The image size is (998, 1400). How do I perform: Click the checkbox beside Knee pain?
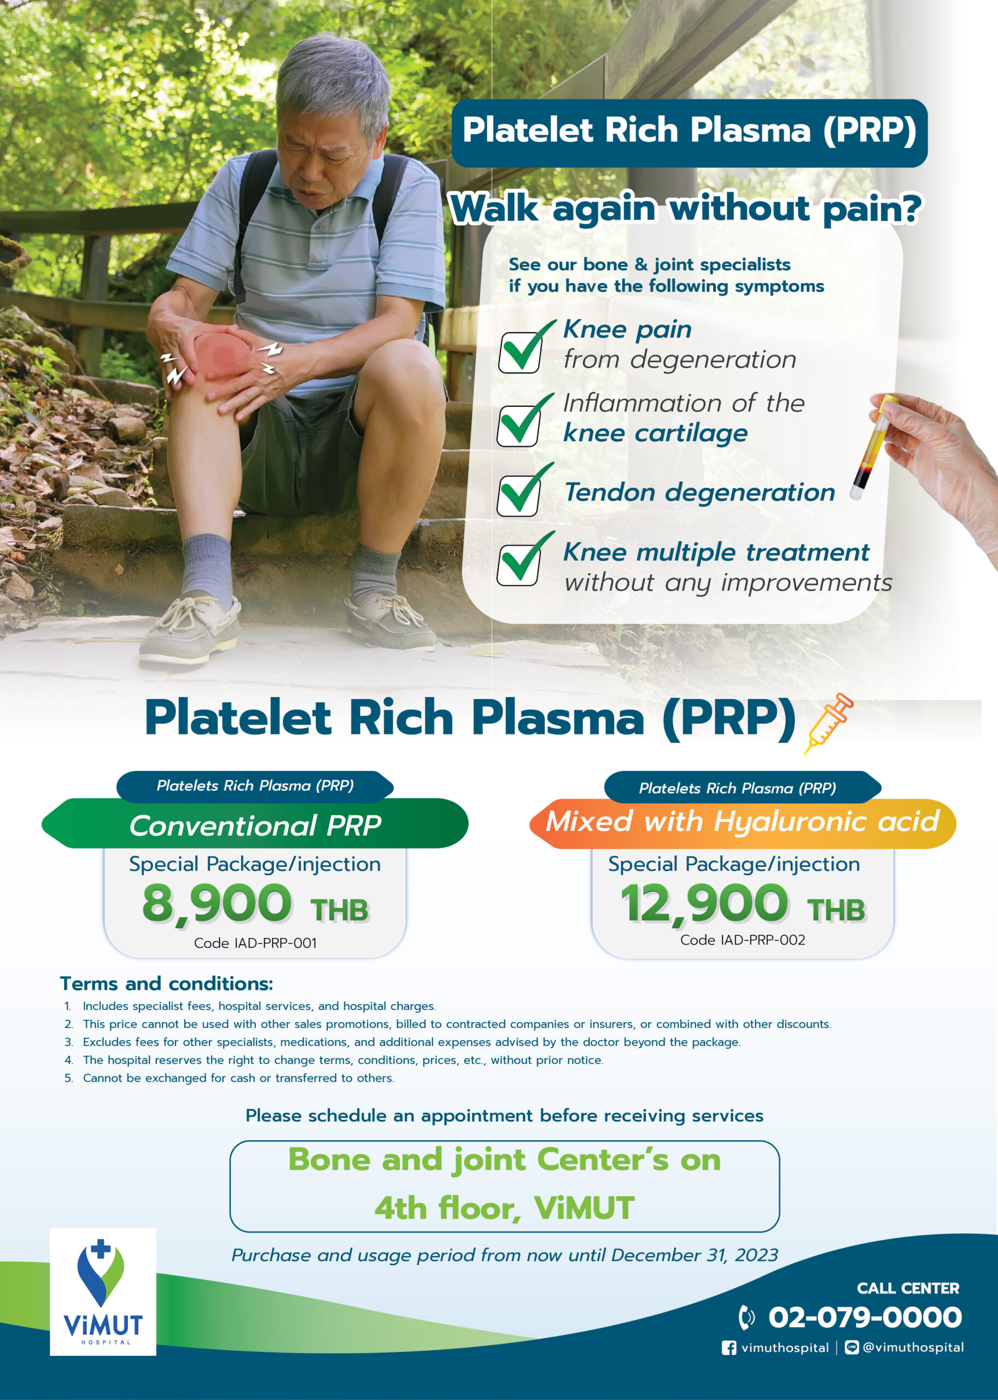pos(520,352)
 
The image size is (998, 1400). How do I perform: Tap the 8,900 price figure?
pos(217,903)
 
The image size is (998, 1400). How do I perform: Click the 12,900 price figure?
pos(704,903)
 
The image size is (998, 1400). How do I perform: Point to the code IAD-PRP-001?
pos(255,943)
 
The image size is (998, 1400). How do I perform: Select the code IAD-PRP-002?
pos(743,940)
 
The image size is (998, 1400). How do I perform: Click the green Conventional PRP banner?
pos(255,824)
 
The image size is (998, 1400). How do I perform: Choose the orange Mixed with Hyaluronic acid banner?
pos(743,824)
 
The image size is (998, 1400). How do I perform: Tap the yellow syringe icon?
pos(828,724)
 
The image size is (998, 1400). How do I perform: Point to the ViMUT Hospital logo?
pos(103,1291)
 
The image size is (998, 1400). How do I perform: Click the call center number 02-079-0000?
pos(865,1316)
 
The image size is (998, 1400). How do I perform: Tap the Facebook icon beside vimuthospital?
pos(729,1347)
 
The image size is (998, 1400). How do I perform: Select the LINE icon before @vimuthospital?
pos(852,1347)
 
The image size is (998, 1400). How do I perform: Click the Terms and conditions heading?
pos(167,983)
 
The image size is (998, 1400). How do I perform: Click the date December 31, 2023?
pos(694,1255)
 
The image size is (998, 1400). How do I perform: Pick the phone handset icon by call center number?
pos(746,1316)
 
